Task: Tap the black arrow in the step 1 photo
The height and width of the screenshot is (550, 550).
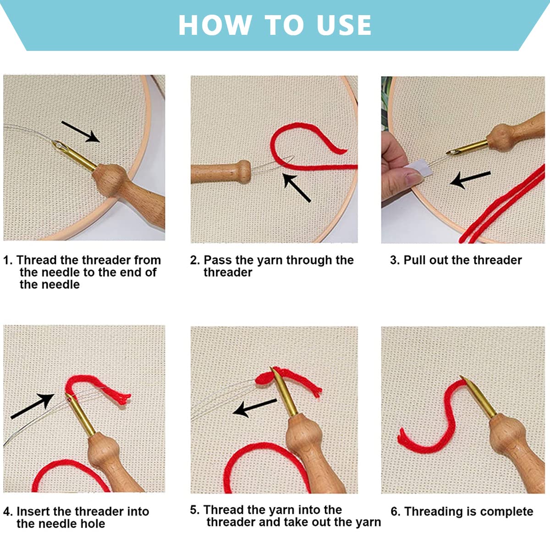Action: pyautogui.click(x=81, y=131)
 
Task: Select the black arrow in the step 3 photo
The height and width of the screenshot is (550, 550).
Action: pyautogui.click(x=470, y=180)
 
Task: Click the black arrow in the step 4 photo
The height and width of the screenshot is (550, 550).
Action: pyautogui.click(x=32, y=406)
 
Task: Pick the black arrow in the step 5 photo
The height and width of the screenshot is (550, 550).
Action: pyautogui.click(x=254, y=407)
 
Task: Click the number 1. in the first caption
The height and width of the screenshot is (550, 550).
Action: pyautogui.click(x=8, y=260)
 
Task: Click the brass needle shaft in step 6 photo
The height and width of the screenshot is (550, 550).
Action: pyautogui.click(x=479, y=397)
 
